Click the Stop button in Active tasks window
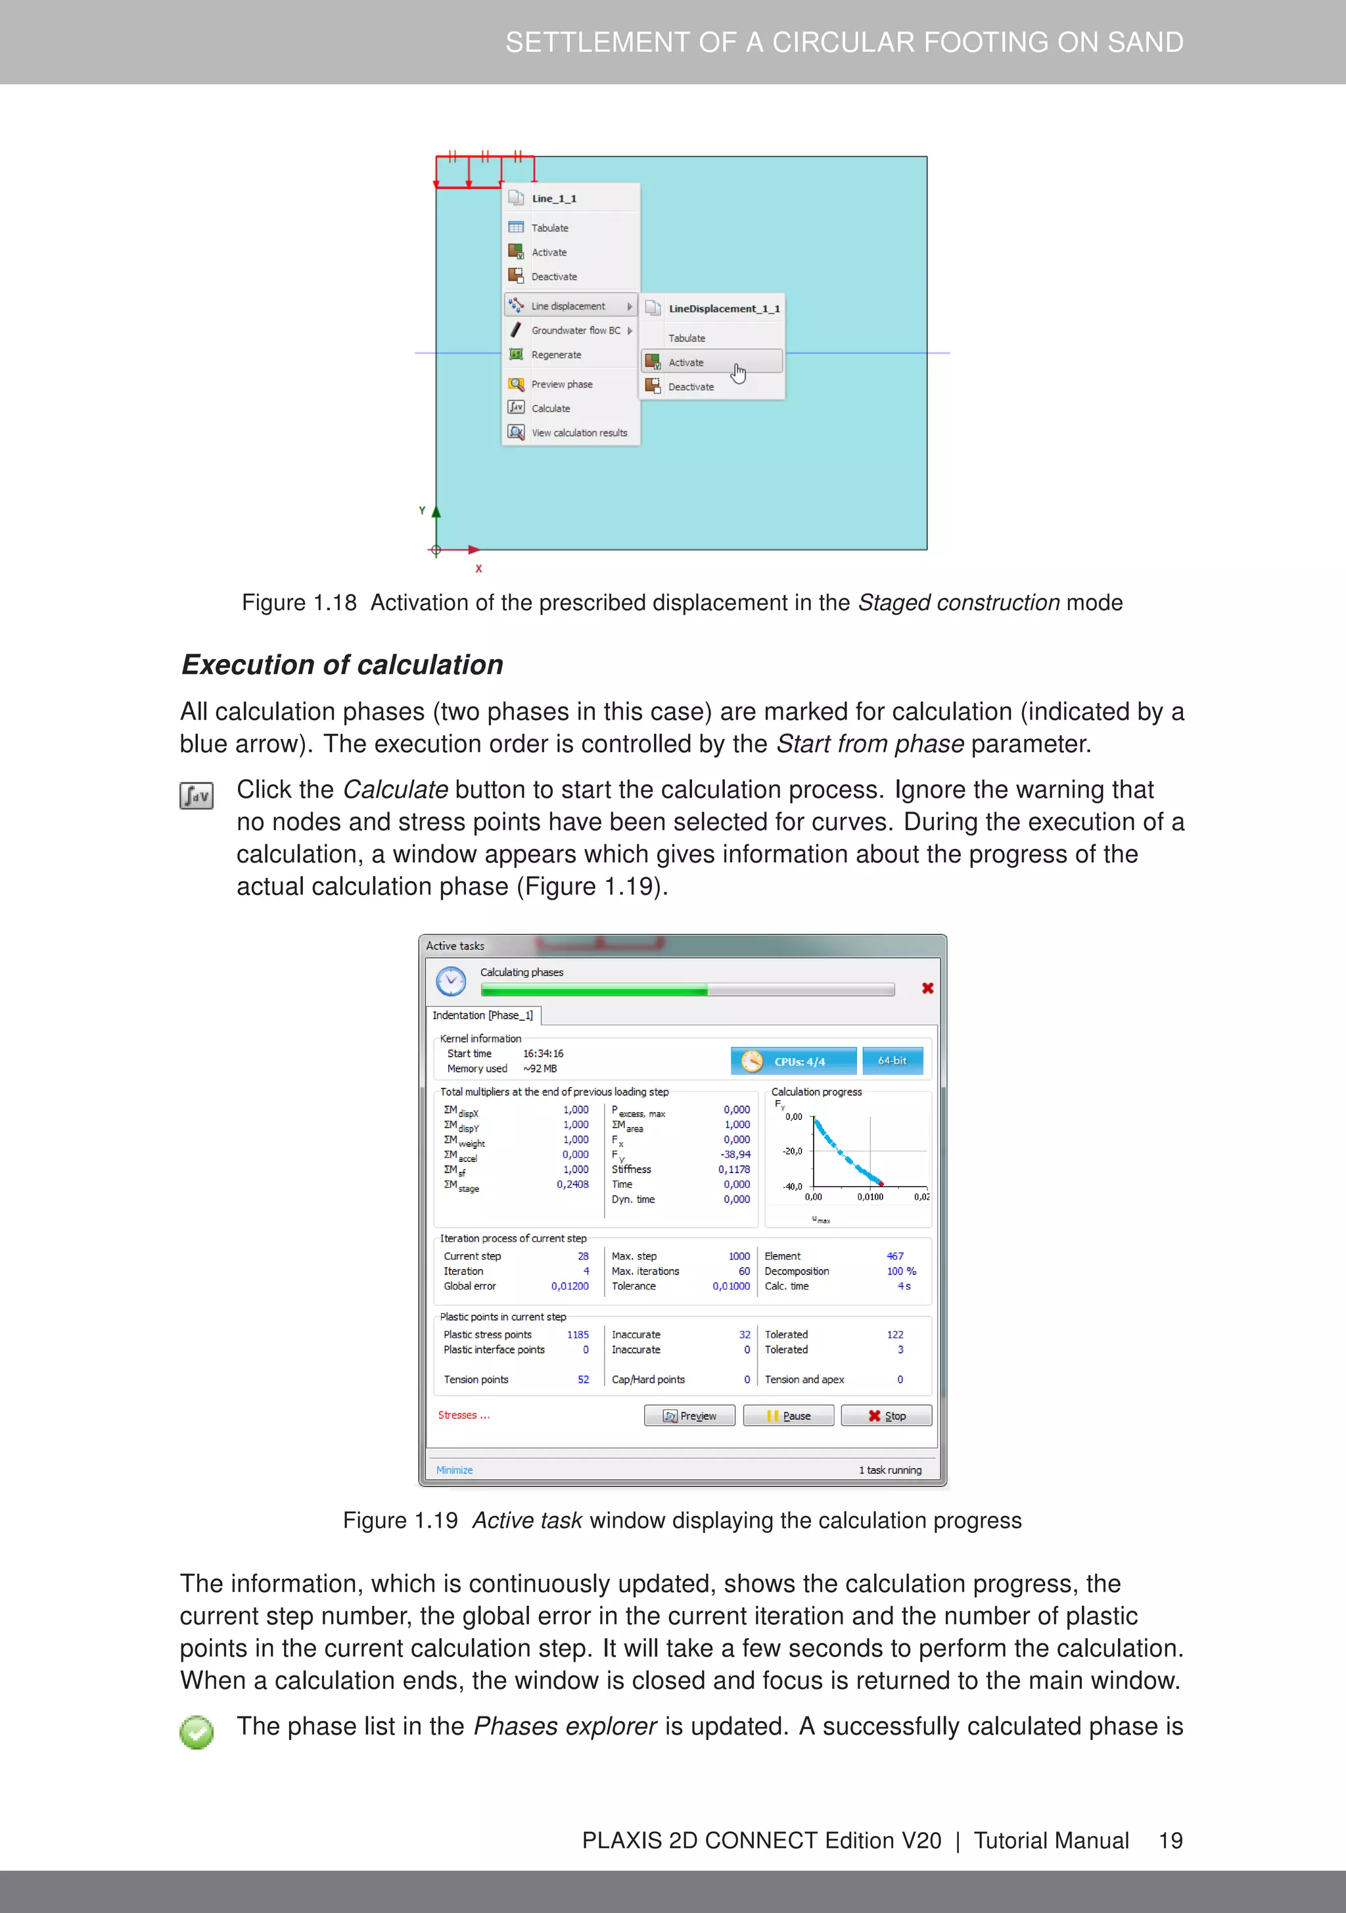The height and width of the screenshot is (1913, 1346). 886,1416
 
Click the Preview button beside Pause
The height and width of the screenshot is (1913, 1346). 689,1416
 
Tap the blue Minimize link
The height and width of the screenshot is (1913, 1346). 454,1470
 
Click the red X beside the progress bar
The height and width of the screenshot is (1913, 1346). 927,988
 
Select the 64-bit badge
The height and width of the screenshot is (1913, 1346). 892,1061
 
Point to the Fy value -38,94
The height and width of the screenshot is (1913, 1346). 735,1155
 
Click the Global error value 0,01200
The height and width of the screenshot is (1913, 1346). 570,1286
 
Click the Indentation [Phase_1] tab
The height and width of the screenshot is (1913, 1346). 482,1015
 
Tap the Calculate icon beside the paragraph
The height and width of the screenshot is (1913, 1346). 197,796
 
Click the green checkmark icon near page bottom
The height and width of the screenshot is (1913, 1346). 197,1732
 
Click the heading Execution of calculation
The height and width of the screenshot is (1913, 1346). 342,665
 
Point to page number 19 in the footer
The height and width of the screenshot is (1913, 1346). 1171,1841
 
